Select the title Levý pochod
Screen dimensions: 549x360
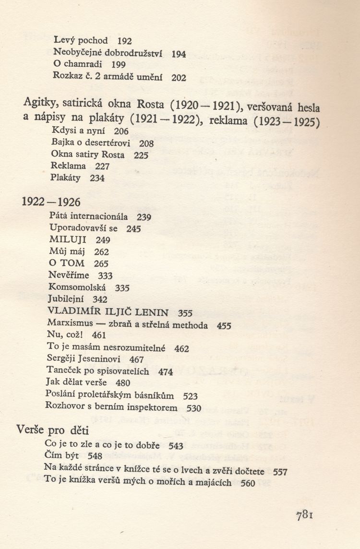tap(81, 41)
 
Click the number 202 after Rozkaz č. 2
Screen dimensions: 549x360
tap(179, 77)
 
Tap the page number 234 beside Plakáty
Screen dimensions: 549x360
tap(97, 178)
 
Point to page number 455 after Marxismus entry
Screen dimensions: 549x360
tap(224, 325)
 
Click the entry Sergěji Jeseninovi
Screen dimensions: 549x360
tap(89, 358)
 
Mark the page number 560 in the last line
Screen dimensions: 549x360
tap(247, 483)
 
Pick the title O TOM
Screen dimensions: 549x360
tap(66, 263)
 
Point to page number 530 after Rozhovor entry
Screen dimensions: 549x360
tap(194, 408)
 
